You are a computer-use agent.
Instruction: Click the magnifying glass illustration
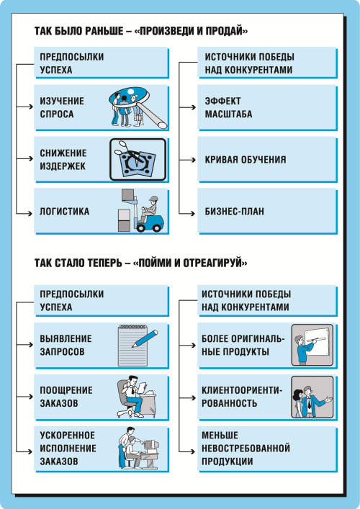click(138, 107)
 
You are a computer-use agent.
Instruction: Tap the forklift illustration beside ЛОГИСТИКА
click(142, 211)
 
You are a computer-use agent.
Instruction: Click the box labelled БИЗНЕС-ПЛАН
click(268, 211)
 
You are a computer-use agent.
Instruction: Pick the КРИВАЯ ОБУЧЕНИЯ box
click(268, 159)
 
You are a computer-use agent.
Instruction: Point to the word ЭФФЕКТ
click(222, 101)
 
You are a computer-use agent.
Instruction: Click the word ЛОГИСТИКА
click(64, 212)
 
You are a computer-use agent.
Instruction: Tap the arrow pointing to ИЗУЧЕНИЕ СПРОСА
click(24, 107)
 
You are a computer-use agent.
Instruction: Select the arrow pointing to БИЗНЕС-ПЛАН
click(187, 213)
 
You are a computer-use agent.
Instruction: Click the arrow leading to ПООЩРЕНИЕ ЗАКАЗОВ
click(24, 397)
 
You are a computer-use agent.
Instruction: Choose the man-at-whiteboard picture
click(312, 345)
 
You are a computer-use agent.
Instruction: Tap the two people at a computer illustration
click(139, 449)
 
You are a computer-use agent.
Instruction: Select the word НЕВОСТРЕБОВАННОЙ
click(246, 449)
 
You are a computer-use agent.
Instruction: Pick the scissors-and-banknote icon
click(138, 159)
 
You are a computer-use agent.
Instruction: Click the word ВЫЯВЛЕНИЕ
click(66, 338)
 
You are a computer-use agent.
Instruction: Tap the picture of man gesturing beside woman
click(312, 397)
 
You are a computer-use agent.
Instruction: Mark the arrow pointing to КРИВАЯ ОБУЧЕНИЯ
click(187, 160)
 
